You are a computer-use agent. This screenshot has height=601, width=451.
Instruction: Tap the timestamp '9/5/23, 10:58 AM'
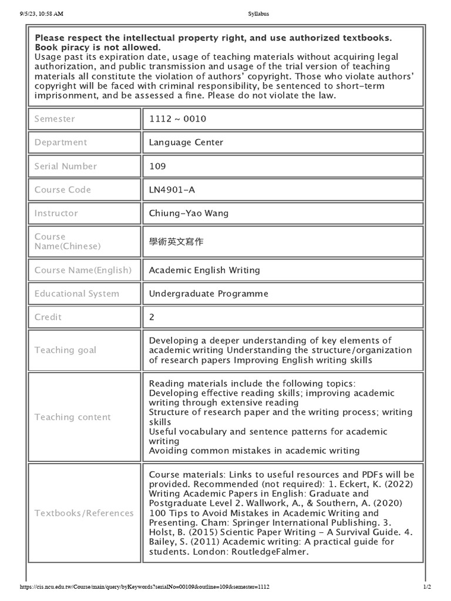click(x=42, y=13)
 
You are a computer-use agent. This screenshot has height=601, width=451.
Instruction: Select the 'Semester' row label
click(x=55, y=119)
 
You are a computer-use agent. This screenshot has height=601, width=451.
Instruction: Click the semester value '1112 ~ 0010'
click(x=177, y=119)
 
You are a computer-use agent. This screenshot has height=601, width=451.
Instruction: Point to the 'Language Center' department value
click(x=186, y=143)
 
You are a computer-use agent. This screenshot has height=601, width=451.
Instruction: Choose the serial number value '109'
click(x=157, y=166)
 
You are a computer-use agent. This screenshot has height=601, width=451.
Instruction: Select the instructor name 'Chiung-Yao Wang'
click(x=189, y=213)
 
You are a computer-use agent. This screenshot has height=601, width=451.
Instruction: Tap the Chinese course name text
click(x=177, y=242)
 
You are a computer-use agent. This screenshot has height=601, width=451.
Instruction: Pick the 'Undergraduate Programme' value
click(x=208, y=293)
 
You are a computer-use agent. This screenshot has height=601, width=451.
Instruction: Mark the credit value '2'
click(x=152, y=317)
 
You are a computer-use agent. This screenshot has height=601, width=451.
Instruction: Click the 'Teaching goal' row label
click(x=65, y=350)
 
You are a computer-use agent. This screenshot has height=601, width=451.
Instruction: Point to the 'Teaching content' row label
click(x=72, y=417)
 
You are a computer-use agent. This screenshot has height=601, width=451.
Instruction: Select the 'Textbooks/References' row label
click(x=84, y=513)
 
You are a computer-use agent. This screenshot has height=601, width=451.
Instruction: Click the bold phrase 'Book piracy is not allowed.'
click(x=97, y=47)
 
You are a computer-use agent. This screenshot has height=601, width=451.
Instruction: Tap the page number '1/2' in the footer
click(x=427, y=587)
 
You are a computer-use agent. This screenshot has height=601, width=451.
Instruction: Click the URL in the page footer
click(x=144, y=587)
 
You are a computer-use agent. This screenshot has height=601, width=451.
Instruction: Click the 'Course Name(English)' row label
click(x=83, y=270)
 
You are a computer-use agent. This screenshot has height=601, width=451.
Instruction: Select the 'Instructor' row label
click(x=56, y=213)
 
